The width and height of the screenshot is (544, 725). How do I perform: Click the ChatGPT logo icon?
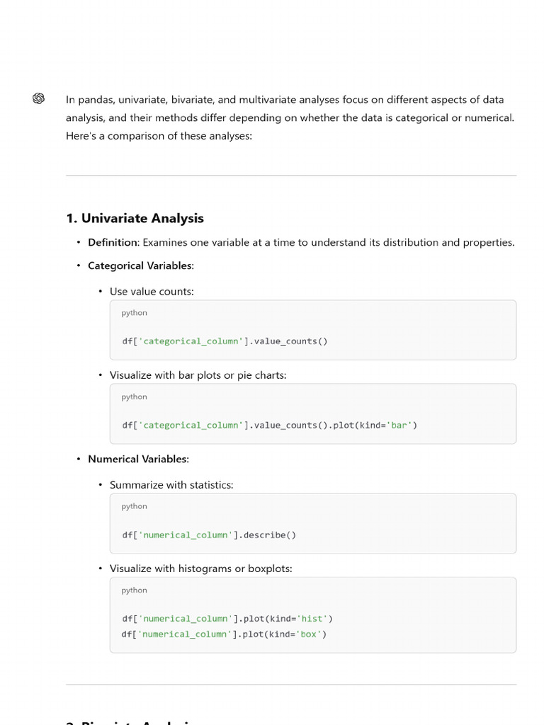tap(38, 98)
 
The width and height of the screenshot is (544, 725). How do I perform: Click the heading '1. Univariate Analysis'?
tap(135, 218)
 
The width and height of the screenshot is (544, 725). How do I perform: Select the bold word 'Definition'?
tap(112, 242)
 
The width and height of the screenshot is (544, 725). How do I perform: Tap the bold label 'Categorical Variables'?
tap(140, 266)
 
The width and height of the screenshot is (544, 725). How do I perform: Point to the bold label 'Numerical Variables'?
tap(137, 459)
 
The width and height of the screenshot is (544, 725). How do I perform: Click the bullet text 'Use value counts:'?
tap(152, 291)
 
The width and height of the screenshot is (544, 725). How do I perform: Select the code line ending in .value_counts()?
tap(225, 341)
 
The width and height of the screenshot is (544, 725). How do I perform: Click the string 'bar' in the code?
tap(402, 425)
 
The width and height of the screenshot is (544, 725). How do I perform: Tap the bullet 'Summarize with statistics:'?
tap(171, 485)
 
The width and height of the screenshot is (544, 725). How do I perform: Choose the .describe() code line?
tap(209, 535)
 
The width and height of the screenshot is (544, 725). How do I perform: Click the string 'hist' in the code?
tap(312, 619)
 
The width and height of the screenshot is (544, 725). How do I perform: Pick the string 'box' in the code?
tap(309, 634)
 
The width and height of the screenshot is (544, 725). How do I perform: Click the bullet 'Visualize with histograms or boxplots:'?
tap(200, 569)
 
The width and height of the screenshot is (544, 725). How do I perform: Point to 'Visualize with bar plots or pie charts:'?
tap(198, 375)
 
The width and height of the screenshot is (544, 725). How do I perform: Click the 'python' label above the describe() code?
tap(134, 506)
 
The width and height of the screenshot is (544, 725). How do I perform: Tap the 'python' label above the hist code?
tap(134, 590)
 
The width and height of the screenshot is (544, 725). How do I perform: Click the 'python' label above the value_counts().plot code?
tap(134, 396)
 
